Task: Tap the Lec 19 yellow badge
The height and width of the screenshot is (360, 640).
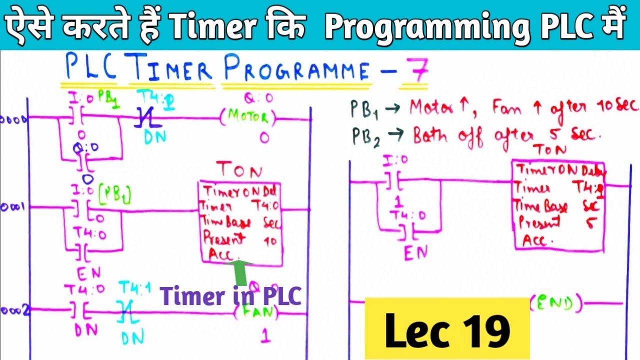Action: point(447,329)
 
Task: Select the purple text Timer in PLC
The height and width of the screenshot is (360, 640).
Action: point(231,296)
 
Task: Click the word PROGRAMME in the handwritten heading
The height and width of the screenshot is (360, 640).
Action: point(297,71)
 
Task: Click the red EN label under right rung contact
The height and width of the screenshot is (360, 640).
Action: point(416,253)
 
